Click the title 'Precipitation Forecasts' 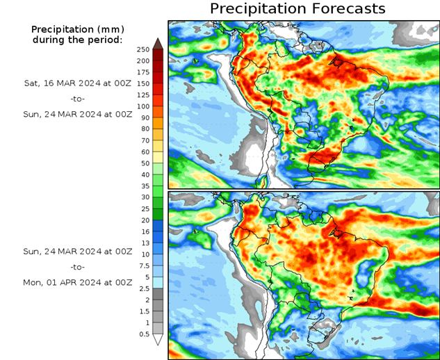[x=298, y=9]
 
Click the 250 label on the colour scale [x=143, y=49]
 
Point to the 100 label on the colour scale [x=143, y=106]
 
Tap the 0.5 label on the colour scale [x=143, y=334]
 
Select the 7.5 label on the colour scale [x=143, y=265]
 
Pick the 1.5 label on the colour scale [x=143, y=311]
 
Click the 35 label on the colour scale [x=143, y=186]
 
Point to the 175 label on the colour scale [x=143, y=72]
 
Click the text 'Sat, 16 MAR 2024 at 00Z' [x=77, y=83]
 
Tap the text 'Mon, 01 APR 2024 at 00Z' [x=77, y=283]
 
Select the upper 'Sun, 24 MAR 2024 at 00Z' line [x=77, y=115]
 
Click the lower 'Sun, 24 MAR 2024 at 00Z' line [x=77, y=251]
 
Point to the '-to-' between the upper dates [x=77, y=99]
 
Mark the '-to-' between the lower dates [x=77, y=267]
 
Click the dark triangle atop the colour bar [x=158, y=43]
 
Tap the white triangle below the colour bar [x=158, y=340]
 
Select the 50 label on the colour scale [x=143, y=163]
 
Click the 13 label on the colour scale [x=143, y=243]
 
